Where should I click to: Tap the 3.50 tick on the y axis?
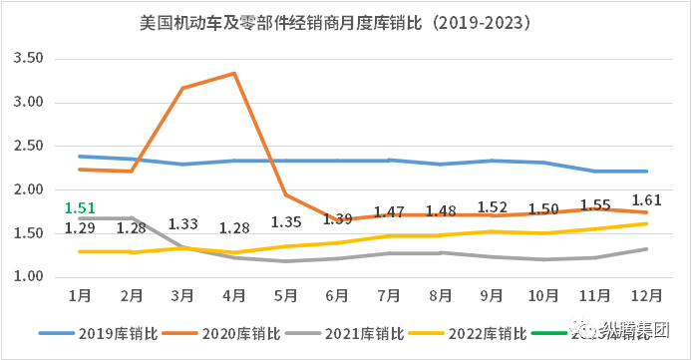coord(28,59)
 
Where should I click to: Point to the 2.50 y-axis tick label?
coord(28,146)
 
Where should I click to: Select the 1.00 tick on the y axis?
coord(28,276)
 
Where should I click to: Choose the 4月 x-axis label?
coord(233,296)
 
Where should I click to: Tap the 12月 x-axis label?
coord(646,296)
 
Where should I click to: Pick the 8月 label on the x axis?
coord(440,296)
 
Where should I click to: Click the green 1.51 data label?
coord(80,208)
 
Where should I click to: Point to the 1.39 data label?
coord(337,219)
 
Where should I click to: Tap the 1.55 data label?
coord(595,204)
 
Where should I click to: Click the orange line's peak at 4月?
coord(233,73)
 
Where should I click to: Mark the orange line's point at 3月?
coord(182,88)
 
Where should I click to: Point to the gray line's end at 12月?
coord(647,249)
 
